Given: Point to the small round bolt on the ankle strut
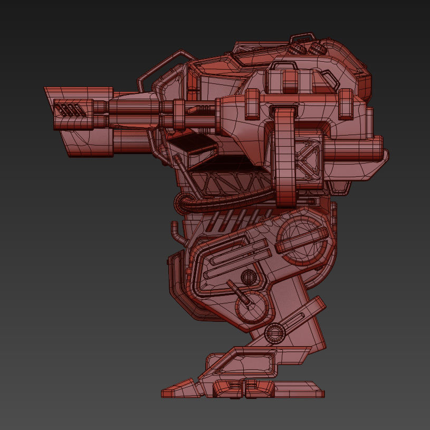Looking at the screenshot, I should (x=274, y=332).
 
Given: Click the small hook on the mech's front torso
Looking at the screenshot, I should (x=175, y=232).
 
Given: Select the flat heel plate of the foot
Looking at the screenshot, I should (x=306, y=390).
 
